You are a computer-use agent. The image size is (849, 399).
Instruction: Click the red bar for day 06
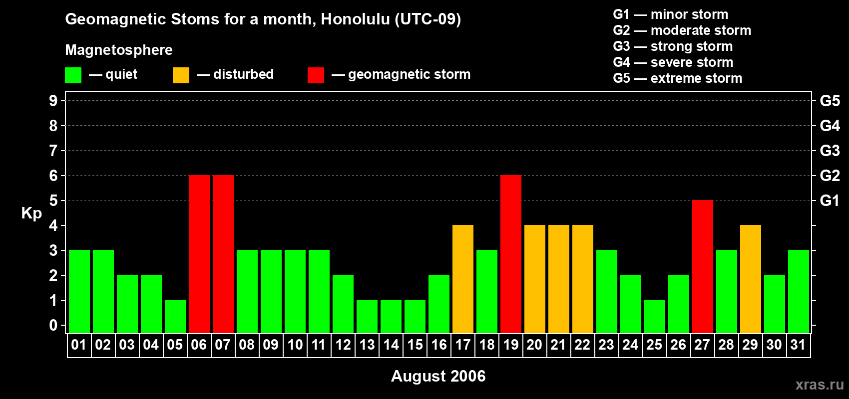point(199,254)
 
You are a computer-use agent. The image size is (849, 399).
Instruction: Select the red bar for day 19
point(510,254)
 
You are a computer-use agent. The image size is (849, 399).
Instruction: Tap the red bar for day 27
point(702,266)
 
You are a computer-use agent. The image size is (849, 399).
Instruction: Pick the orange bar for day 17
point(462,279)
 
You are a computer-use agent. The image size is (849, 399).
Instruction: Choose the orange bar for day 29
point(750,279)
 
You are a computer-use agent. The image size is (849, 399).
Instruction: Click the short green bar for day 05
point(175,316)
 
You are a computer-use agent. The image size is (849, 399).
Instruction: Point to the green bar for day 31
point(798,291)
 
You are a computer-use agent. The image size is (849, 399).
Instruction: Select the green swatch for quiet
point(73,75)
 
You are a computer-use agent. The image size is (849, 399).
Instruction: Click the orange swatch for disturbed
point(181,75)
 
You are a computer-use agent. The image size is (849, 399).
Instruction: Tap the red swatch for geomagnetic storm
point(316,75)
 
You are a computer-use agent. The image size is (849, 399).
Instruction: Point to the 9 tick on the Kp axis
point(53,101)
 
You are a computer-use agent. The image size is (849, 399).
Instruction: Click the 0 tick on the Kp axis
point(53,325)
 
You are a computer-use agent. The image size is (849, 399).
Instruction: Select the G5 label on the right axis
point(830,101)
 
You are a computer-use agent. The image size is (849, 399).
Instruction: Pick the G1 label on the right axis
point(830,200)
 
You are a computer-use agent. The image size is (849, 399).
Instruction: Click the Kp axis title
point(31,213)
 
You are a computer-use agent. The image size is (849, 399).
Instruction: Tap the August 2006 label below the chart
point(438,376)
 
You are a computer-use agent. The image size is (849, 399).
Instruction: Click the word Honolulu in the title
point(355,19)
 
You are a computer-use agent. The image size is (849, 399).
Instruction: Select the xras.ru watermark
point(819,385)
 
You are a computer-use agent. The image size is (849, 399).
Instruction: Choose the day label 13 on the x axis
point(367,345)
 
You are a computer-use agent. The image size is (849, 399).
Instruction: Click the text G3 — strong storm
point(673,46)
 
